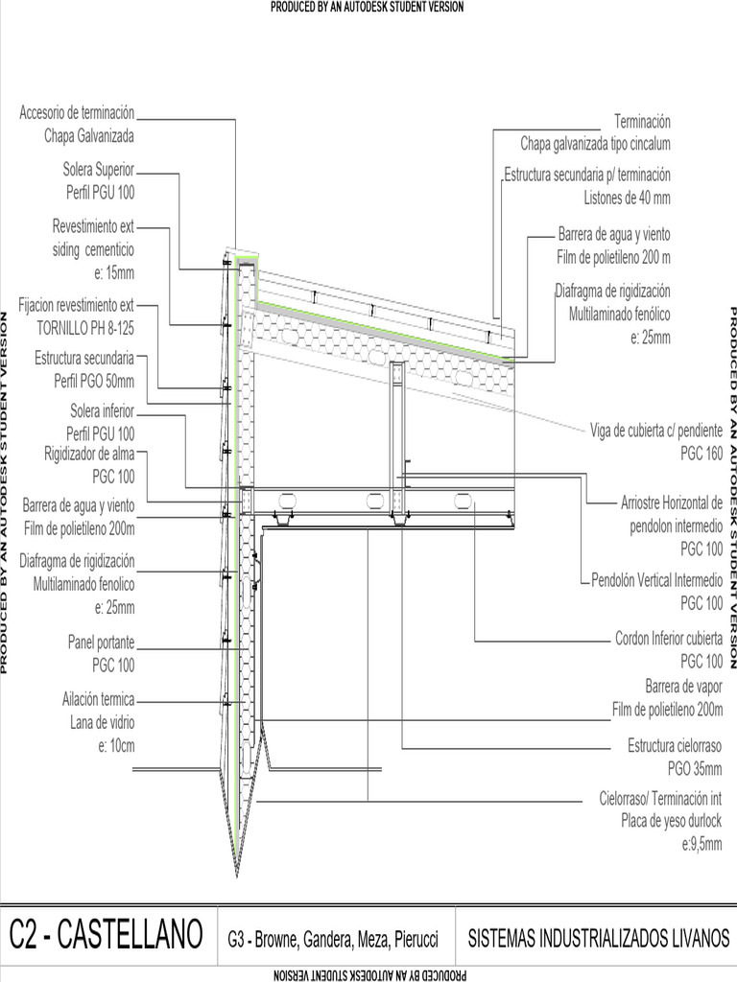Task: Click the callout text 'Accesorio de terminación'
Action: (77, 113)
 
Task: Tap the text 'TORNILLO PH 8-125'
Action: (85, 327)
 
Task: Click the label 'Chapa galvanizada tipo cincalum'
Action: (595, 144)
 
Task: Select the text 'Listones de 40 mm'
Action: (627, 199)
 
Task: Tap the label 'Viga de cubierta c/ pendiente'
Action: (655, 429)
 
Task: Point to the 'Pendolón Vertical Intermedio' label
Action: (655, 580)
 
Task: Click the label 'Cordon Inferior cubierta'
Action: (668, 638)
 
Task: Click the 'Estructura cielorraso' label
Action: (674, 745)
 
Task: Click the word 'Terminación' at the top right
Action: (642, 122)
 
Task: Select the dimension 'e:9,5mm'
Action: (701, 845)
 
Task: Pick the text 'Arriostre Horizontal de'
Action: (671, 503)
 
